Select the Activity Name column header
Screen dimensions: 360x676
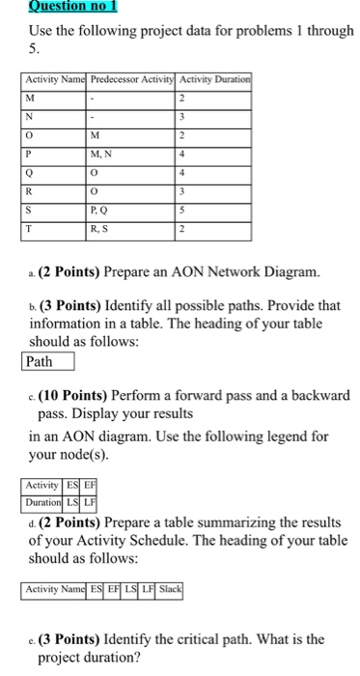click(56, 79)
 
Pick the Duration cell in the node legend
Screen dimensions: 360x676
click(42, 503)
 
